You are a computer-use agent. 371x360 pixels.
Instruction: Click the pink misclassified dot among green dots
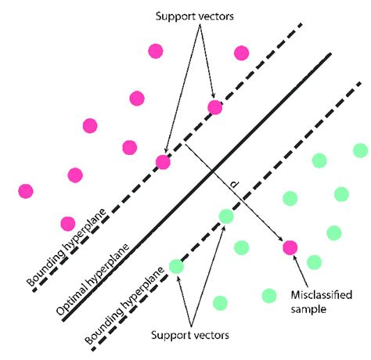(x=290, y=247)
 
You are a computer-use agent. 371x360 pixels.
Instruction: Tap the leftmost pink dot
(x=26, y=190)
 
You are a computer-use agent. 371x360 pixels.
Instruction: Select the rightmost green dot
(x=359, y=150)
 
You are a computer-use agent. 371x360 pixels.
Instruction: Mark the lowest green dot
(x=220, y=303)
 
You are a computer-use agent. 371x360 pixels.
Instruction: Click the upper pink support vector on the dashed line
(x=214, y=107)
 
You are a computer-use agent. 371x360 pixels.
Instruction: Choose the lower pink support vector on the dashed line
(x=163, y=162)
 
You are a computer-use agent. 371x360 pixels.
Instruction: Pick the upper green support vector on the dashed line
(x=226, y=216)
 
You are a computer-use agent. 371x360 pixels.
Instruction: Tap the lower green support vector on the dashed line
(x=176, y=266)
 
